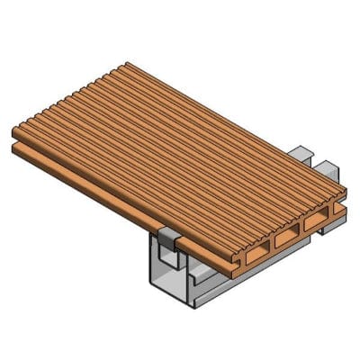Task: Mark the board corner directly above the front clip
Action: [181, 230]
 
